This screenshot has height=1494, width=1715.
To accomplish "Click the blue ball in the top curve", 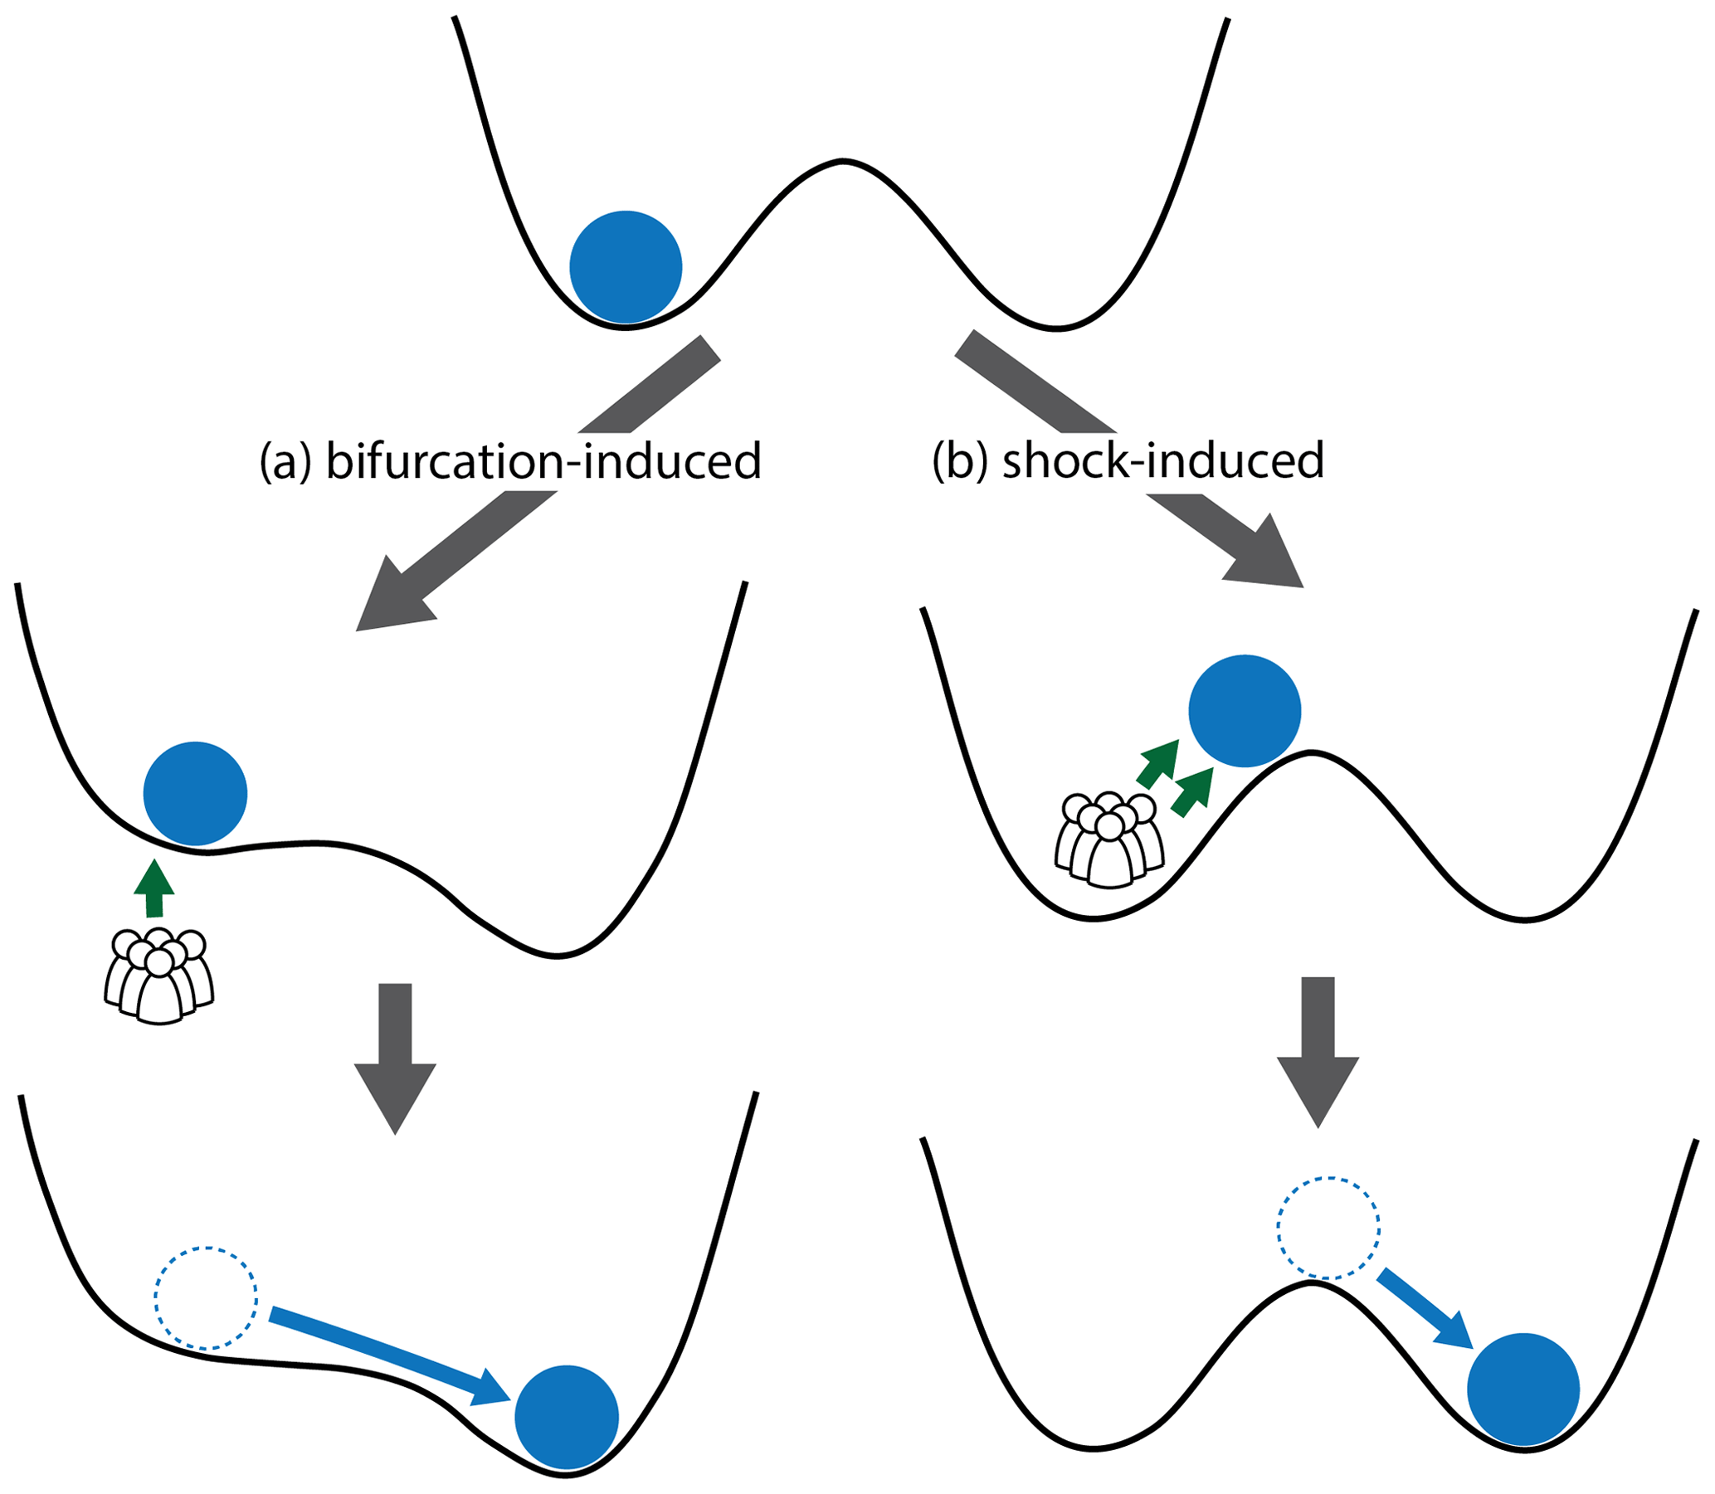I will (x=626, y=267).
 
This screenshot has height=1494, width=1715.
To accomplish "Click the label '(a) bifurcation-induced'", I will (x=510, y=461).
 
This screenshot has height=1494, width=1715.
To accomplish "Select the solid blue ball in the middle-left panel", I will (x=195, y=793).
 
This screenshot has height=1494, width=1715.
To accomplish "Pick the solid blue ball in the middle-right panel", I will (x=1244, y=710).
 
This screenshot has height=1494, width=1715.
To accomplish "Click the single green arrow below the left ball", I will (x=154, y=888).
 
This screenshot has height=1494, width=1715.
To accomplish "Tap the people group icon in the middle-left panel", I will (x=159, y=976).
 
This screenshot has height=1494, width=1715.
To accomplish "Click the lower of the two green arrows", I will (x=1191, y=792).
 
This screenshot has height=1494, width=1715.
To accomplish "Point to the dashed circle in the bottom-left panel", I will (x=205, y=1297).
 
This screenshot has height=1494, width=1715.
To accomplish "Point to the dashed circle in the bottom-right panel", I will (x=1328, y=1227).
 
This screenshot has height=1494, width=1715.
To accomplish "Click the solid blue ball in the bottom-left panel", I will (x=566, y=1417).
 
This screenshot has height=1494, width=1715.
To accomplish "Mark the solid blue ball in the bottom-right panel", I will (x=1523, y=1389).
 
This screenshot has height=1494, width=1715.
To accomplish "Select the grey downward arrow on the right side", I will (x=1318, y=1050).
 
